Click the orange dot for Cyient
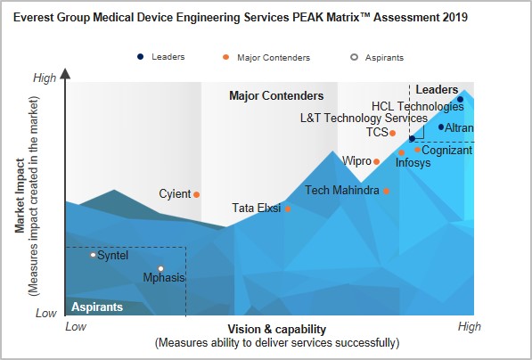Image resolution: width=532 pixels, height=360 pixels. [x=196, y=195]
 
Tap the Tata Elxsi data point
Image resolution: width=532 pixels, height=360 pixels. [x=288, y=209]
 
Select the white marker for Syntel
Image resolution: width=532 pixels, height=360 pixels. [x=93, y=255]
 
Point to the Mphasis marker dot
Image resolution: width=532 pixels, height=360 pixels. [x=160, y=269]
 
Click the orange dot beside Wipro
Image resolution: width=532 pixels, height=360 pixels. [x=376, y=161]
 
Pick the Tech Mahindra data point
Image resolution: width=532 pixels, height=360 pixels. [x=386, y=191]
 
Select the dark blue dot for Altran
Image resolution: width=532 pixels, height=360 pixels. [x=441, y=127]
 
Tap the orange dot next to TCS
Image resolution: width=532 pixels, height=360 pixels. [x=393, y=133]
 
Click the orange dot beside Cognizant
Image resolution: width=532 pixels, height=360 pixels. [x=417, y=150]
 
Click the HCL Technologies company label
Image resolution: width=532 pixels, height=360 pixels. [x=418, y=106]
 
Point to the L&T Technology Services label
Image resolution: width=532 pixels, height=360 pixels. [x=364, y=119]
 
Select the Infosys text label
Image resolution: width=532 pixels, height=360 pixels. [x=413, y=162]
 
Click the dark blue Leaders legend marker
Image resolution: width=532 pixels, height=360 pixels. [x=141, y=57]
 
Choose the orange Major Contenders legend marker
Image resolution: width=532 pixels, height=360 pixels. [x=226, y=57]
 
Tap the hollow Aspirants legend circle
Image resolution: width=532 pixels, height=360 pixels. [x=354, y=57]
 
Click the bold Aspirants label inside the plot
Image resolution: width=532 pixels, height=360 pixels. [x=97, y=307]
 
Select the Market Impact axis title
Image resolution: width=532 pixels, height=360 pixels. [x=20, y=196]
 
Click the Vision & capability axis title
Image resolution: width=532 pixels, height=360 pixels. [x=277, y=329]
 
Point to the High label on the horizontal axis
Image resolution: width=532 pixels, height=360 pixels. [x=470, y=326]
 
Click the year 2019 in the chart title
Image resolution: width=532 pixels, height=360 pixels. [x=455, y=17]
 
